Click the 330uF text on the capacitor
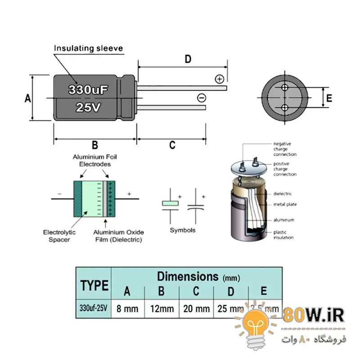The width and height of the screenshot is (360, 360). pos(89,90)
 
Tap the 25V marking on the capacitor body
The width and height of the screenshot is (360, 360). pos(88,107)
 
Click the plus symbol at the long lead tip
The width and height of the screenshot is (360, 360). pos(220,79)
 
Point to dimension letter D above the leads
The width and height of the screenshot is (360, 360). pos(188,58)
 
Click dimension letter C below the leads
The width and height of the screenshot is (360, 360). pos(172,145)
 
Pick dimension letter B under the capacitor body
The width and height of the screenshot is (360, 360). pos(95,145)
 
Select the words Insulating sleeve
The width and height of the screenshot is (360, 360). pos(89,48)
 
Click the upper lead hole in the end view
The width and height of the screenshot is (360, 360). pos(285,87)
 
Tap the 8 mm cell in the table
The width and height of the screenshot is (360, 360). pos(127,309)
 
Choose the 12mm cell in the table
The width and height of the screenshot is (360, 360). pos(162,309)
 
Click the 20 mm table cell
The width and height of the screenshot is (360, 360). pos(196,309)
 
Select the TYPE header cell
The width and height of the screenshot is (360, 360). pos(94,285)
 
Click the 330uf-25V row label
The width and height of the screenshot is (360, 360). pos(94,309)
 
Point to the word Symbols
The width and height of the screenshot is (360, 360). pos(183,230)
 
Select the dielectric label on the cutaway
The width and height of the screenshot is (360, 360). pos(283,194)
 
